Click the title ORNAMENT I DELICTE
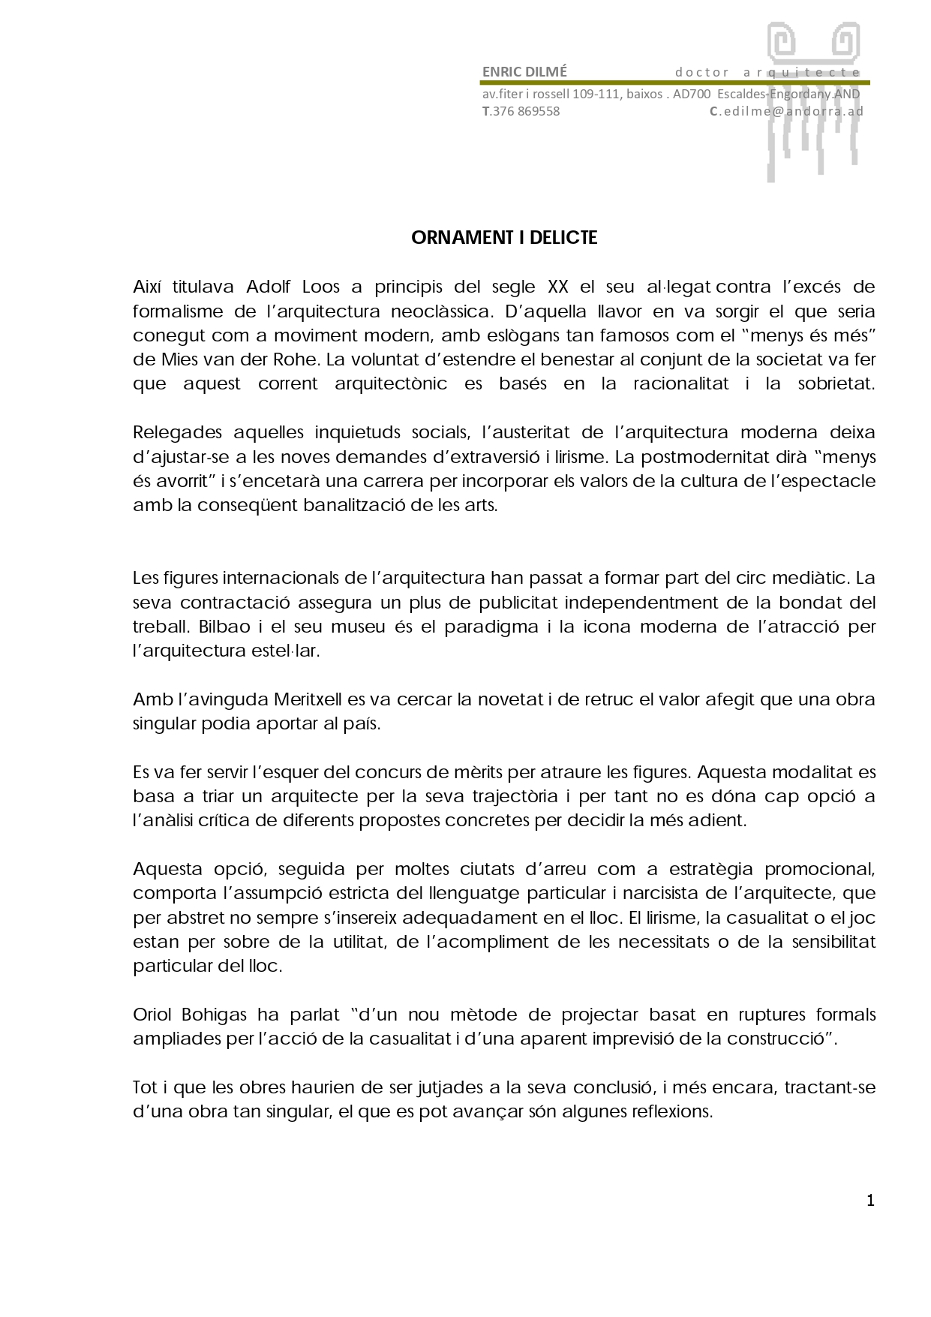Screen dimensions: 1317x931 tap(504, 238)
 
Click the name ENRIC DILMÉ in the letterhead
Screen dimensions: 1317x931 tap(524, 72)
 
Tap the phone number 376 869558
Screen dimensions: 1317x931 tap(525, 111)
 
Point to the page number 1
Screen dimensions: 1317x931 tap(870, 1201)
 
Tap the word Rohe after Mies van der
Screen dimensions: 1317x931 tap(299, 359)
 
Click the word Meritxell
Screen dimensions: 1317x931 tap(308, 699)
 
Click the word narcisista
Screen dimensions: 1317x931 tap(645, 893)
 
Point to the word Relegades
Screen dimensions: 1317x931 tap(178, 432)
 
